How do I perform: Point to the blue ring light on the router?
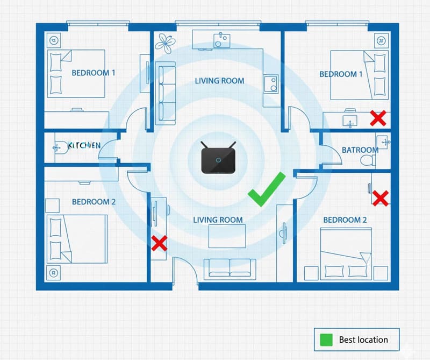point(218,160)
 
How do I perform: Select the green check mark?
point(267,189)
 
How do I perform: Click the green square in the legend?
point(326,340)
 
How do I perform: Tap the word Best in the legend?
point(347,340)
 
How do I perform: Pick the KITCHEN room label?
point(84,145)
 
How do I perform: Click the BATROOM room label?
point(360,150)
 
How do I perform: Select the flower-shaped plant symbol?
point(165,43)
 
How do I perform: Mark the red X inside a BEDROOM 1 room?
point(378,118)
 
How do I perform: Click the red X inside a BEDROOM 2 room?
point(381,198)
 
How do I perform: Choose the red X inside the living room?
point(159,243)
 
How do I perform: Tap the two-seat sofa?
point(230,268)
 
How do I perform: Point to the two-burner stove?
point(271,84)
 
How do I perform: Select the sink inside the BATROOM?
point(383,142)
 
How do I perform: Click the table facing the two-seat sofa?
point(227,236)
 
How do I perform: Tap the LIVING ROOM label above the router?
point(219,81)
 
